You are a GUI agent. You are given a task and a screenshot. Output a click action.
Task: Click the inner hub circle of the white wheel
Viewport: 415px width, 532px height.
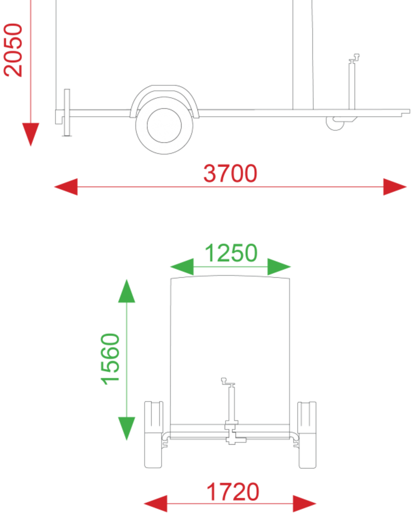pos(164,125)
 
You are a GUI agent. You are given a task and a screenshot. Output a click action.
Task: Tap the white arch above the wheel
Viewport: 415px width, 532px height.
pos(164,92)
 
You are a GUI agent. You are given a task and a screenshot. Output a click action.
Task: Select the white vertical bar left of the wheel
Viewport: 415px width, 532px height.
pos(67,112)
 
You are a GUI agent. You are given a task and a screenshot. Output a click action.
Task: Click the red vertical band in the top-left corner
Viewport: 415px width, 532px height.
pos(27,70)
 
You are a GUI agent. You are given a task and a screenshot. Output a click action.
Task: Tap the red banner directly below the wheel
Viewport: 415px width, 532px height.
pos(208,180)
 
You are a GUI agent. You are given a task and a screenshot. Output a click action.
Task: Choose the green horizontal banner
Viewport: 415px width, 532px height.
pos(208,258)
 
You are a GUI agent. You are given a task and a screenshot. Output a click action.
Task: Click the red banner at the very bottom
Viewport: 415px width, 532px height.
pos(208,497)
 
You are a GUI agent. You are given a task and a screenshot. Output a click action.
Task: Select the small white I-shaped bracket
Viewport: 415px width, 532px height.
pos(232,433)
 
